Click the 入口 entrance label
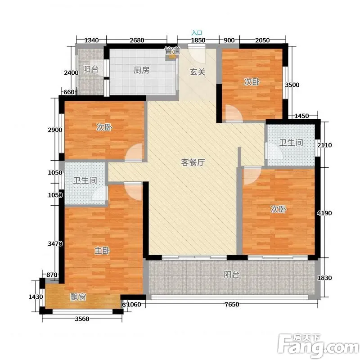197,33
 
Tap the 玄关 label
198,72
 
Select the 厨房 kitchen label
141,70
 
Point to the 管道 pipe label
172,51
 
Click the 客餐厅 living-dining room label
193,162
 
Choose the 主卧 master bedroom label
102,250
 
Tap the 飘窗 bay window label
78,297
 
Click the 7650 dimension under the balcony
232,305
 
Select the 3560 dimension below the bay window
82,319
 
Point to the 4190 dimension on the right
324,213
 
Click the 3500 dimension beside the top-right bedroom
292,85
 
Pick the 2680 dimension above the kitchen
137,40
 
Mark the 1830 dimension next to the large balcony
324,278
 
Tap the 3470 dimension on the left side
55,243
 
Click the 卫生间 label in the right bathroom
291,143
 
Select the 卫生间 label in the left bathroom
85,180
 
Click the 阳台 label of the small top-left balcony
91,69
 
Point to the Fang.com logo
319,346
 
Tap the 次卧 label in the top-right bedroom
252,81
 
